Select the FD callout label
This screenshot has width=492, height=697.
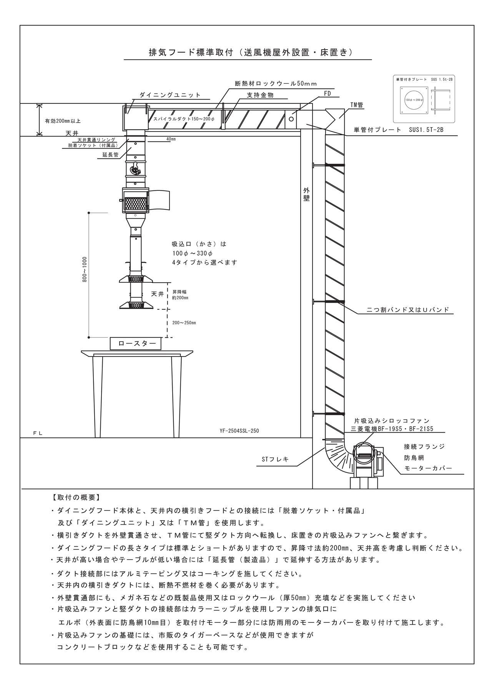click(x=327, y=93)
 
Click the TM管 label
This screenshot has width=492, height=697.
click(x=356, y=105)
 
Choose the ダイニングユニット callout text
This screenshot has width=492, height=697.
click(x=170, y=95)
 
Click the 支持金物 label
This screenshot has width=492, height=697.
click(x=260, y=95)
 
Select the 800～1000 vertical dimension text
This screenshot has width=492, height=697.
click(x=85, y=269)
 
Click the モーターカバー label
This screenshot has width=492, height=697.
click(x=428, y=468)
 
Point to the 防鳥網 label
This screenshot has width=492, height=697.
click(x=414, y=458)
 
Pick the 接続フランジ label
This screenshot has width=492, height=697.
click(x=424, y=447)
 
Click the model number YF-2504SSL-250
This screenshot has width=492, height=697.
click(x=239, y=431)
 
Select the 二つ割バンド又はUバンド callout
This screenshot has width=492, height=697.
click(x=408, y=310)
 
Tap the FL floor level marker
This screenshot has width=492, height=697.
click(x=38, y=434)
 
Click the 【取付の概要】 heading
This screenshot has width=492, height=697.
click(x=76, y=497)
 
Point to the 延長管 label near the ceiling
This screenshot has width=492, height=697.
click(x=110, y=155)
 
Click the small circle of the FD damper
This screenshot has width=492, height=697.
click(x=291, y=119)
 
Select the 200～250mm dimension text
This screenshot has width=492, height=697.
click(x=184, y=323)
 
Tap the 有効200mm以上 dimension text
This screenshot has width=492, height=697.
click(x=63, y=121)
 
